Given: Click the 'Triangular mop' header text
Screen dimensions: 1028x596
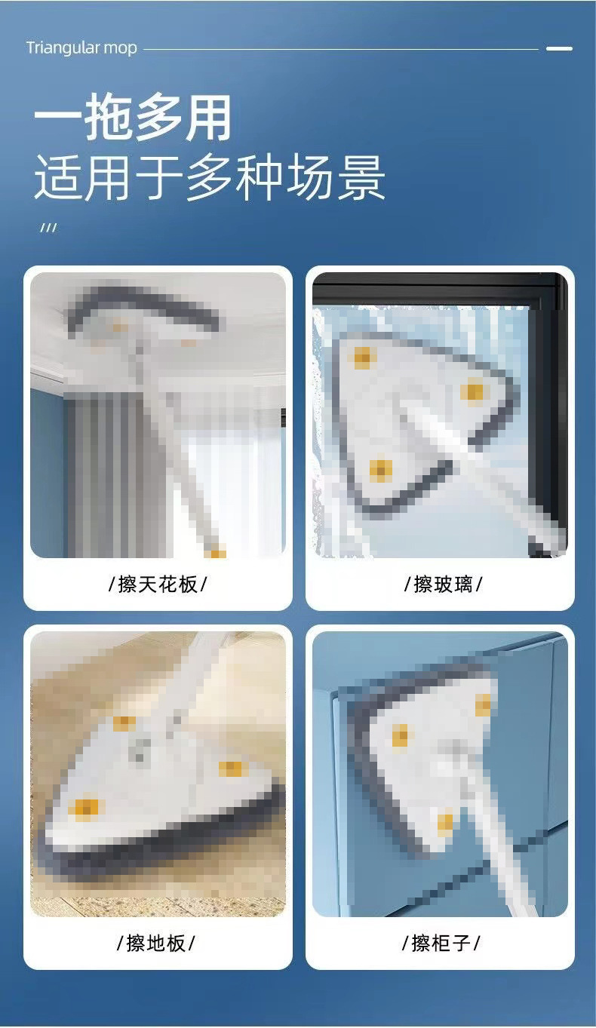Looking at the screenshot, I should [81, 48].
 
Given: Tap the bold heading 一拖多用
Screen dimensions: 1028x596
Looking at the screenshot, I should [133, 118].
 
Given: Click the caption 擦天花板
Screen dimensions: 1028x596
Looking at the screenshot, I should [158, 584].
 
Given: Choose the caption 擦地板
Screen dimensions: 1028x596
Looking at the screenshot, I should [156, 943].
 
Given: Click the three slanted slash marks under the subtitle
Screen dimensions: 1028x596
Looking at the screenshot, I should [48, 228].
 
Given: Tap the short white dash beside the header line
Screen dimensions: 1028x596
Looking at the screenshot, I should [559, 48].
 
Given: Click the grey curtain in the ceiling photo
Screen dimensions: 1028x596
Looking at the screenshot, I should [113, 468].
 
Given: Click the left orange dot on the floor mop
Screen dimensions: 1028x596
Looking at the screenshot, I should [84, 809].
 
